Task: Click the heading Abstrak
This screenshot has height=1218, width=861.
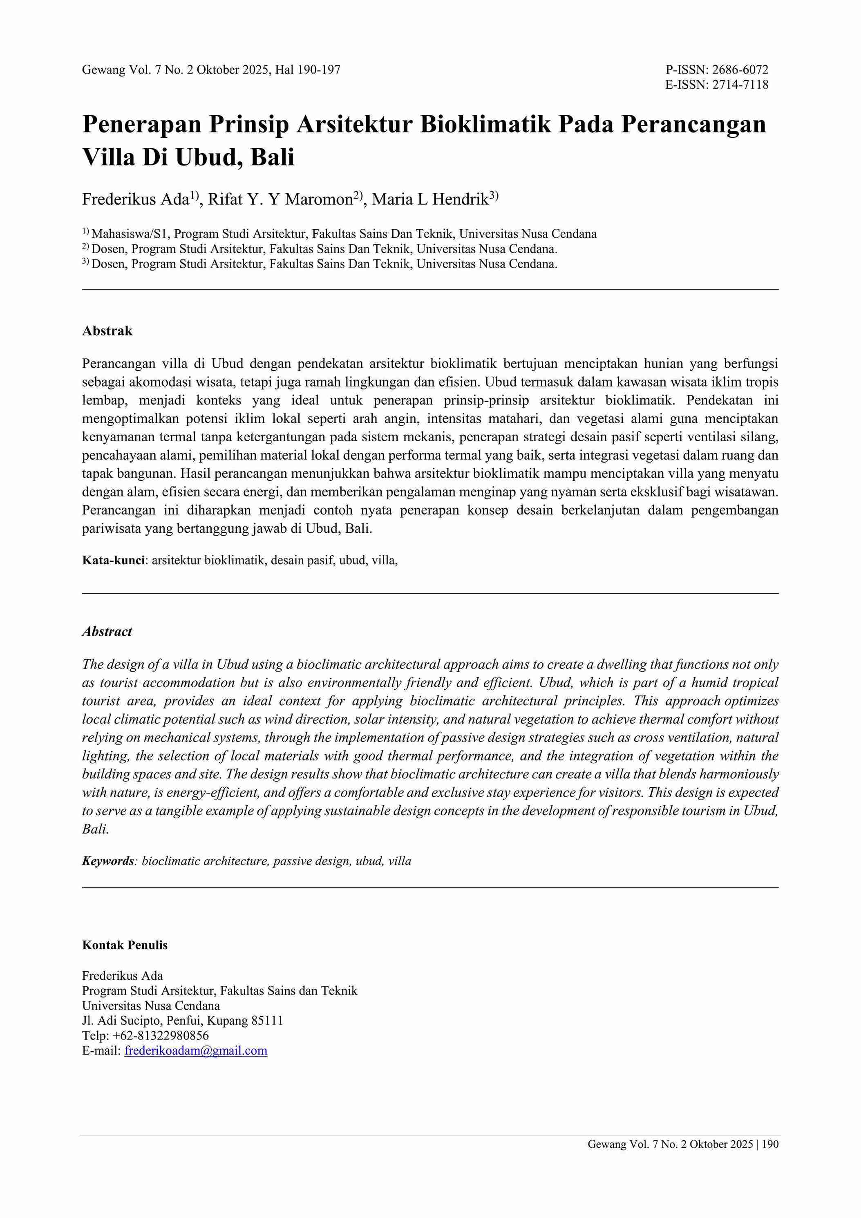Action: coord(107,331)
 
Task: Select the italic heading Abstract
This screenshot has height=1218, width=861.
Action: coord(107,632)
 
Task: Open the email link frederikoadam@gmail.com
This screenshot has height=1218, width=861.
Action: coord(196,1051)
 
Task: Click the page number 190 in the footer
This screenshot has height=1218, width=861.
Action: coord(771,1144)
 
